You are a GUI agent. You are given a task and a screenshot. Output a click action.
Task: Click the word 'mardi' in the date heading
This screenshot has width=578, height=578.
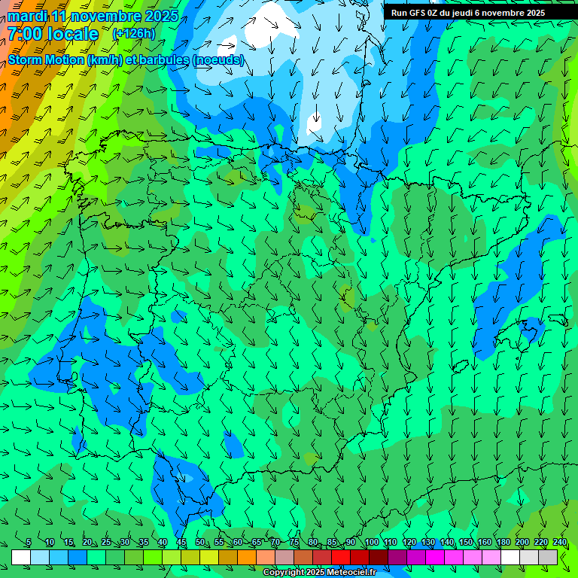click(26, 16)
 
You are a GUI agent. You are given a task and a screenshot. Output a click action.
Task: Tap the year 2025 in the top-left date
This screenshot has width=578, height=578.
click(160, 16)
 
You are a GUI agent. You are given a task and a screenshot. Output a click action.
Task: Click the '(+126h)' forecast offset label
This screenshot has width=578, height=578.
click(133, 33)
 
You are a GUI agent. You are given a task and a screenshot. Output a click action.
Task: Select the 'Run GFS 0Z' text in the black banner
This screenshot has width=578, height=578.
click(413, 12)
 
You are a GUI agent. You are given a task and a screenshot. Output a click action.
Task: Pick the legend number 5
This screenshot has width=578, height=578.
click(29, 542)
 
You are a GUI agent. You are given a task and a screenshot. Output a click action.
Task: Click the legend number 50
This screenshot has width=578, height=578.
click(200, 542)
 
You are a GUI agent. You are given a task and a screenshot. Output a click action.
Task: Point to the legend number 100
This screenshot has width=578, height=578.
click(371, 542)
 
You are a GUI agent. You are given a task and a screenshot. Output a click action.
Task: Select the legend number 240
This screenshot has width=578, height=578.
click(560, 542)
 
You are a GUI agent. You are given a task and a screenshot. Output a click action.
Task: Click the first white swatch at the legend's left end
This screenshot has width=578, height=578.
click(21, 557)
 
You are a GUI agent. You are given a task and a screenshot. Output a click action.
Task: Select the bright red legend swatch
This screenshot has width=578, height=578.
click(341, 557)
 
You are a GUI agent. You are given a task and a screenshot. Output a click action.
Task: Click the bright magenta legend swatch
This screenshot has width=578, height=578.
click(435, 557)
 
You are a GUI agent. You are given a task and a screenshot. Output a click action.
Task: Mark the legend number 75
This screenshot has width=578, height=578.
click(294, 542)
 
